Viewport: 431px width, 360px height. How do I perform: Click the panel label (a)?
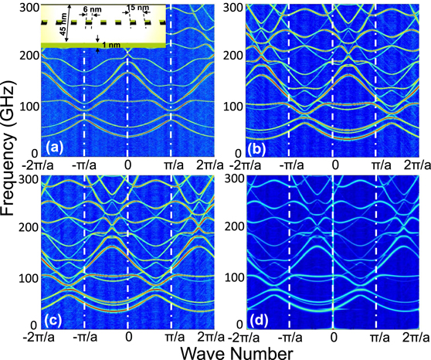tap(55, 144)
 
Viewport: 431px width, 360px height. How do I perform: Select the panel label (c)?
tap(55, 316)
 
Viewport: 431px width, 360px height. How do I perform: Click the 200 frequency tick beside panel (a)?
tap(28, 54)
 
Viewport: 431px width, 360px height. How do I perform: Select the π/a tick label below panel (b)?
tap(378, 165)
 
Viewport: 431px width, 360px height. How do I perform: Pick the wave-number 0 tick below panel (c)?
tap(127, 338)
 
